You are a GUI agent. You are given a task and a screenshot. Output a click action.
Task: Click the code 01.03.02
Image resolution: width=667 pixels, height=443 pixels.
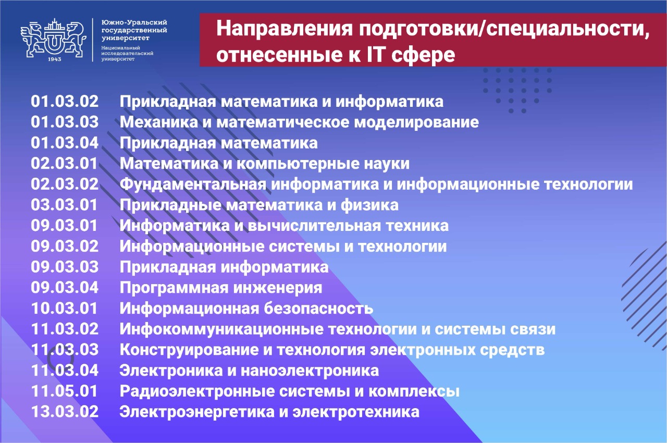(x=65, y=102)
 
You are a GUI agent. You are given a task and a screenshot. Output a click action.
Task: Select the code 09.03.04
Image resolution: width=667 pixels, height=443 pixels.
(x=65, y=288)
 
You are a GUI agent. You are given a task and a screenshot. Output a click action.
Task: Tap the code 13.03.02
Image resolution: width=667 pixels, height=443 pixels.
(x=65, y=412)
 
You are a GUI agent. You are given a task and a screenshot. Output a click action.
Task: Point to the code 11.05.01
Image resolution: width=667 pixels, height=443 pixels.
(x=64, y=391)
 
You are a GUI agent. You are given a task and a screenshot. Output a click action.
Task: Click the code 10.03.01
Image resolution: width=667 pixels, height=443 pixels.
(x=64, y=309)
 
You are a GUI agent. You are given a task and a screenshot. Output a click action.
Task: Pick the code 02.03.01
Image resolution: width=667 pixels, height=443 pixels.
(x=64, y=164)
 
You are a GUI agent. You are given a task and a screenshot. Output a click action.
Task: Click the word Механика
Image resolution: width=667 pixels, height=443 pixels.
(x=159, y=122)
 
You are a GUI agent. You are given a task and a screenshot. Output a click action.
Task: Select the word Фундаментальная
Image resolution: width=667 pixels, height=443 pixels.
(x=193, y=184)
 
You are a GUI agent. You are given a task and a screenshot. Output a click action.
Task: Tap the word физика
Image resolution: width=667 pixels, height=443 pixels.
(x=369, y=205)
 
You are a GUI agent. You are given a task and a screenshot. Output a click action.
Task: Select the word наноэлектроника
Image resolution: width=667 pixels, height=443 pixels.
(x=310, y=371)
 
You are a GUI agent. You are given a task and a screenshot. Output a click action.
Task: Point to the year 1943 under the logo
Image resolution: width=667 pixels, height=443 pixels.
(x=54, y=59)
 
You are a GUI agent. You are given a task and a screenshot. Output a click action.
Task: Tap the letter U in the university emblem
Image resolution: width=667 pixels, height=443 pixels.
(x=54, y=43)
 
